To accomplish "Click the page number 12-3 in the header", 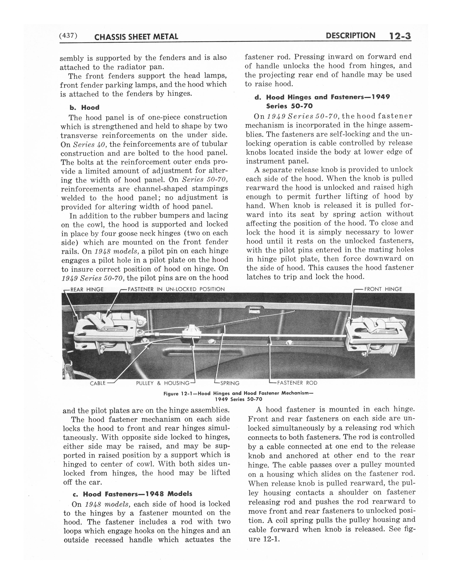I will pos(398,36).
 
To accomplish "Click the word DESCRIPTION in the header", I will pos(350,36).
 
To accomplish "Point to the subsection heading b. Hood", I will pos(84,107).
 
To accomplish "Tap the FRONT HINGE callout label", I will pos(383,289).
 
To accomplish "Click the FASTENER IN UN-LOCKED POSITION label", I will pos(176,289).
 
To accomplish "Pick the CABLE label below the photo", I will pos(98,383).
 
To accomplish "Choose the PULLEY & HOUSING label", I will pos(163,383).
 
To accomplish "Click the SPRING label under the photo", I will pos(230,383).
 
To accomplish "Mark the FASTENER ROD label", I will pos(297,383).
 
